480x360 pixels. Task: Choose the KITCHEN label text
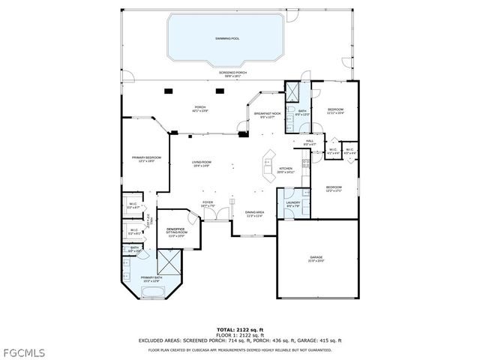pos(286,169)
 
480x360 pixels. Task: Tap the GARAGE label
pos(316,259)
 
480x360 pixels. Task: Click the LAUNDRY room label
pos(293,204)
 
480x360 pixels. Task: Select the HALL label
pos(309,141)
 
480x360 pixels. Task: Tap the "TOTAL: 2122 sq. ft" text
pos(239,330)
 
